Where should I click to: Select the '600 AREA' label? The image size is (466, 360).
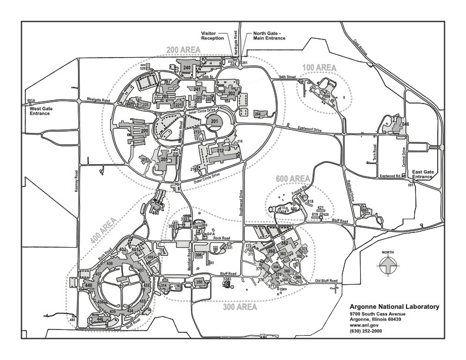click(292, 178)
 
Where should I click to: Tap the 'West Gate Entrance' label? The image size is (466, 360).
click(38, 110)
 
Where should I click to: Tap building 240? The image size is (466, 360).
click(187, 68)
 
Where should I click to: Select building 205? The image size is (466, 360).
click(165, 159)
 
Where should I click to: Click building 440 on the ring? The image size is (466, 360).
click(89, 285)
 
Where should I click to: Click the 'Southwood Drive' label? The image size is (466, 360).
click(241, 200)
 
